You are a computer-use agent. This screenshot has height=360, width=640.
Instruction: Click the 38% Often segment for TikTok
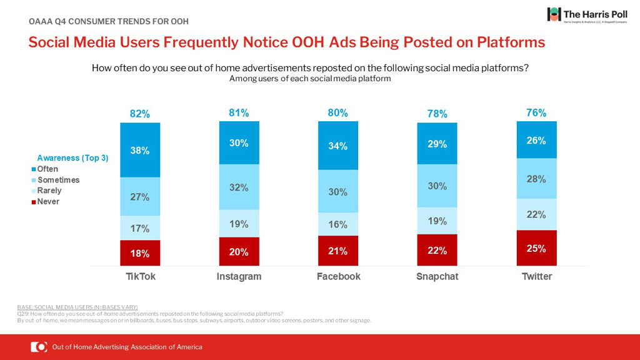(x=140, y=150)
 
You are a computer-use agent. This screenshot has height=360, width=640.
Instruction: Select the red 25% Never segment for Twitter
(x=536, y=247)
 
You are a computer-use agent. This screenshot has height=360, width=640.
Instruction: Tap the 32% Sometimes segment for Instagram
(x=239, y=187)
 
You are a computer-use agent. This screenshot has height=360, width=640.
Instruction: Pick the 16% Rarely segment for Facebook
(x=338, y=224)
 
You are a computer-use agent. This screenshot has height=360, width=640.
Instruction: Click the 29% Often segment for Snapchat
(x=437, y=144)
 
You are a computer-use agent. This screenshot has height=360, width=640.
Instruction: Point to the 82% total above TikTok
(x=140, y=114)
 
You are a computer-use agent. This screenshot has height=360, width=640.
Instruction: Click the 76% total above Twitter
(x=536, y=113)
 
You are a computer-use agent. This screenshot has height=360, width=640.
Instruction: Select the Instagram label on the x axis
(x=239, y=276)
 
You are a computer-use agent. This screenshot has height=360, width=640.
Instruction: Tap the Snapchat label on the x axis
(x=437, y=276)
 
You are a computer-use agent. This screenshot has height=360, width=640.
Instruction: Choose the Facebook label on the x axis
(x=338, y=276)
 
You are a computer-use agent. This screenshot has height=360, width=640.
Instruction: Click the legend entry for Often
(x=47, y=169)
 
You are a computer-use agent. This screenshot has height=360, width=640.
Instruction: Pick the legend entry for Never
(x=47, y=201)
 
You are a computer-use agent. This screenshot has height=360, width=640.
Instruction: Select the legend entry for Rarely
(x=49, y=191)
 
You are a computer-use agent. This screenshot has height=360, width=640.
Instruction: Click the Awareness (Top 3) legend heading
(x=72, y=158)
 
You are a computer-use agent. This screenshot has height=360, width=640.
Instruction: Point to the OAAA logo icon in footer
(x=39, y=347)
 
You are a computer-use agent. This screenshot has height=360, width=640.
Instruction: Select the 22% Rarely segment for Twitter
(x=536, y=214)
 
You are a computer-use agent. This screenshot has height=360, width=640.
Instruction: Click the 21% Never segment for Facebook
(x=338, y=251)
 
